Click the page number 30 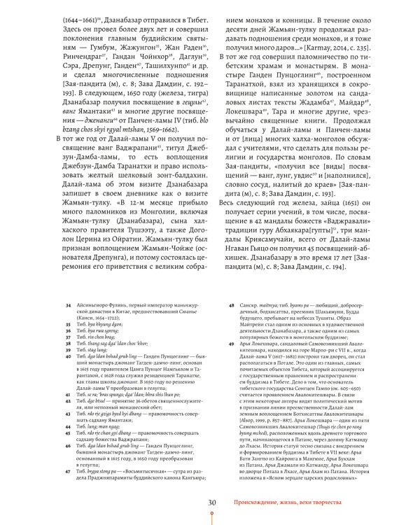(210, 503)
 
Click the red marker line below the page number (210, 517)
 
